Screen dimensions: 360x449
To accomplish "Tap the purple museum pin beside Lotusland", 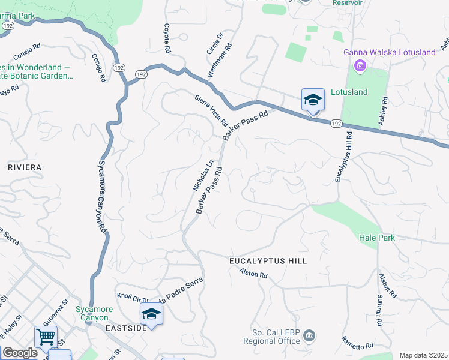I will coord(360,65).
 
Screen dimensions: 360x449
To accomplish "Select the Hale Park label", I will coord(377,238).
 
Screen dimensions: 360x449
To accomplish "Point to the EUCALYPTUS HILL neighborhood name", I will coord(268,261).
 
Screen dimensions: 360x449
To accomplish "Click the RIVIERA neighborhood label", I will coord(25,167).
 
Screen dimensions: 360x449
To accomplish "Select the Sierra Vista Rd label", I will coord(211,109).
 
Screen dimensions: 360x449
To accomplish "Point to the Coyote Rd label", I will coord(167,38).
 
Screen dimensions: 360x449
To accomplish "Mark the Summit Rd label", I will coord(379,313).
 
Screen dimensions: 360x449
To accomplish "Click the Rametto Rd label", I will coord(358,344).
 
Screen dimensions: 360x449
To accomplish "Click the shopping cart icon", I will coord(46,337).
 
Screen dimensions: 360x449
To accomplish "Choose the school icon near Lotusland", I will coord(313,100).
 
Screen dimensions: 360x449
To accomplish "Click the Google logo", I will coord(20,353).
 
